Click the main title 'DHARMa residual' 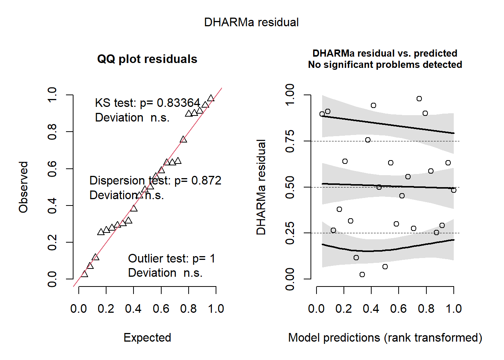(251, 22)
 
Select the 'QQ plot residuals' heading (147, 59)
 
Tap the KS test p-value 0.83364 (178, 103)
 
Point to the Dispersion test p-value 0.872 (206, 180)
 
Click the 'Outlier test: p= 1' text (172, 258)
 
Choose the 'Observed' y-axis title (23, 187)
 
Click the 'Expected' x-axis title (147, 337)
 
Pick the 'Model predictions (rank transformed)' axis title (385, 338)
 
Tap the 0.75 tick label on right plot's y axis (290, 141)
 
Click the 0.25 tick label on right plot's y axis (290, 233)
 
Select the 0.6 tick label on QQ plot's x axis (161, 309)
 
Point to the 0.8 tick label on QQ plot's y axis (52, 132)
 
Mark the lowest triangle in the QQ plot (84, 274)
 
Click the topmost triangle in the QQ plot (211, 98)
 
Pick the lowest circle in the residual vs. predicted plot (362, 274)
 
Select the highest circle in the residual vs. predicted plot (419, 99)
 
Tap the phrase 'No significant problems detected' (385, 64)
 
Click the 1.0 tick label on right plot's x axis (454, 309)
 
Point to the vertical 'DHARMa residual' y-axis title (261, 187)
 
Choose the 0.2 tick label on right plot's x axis (343, 309)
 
